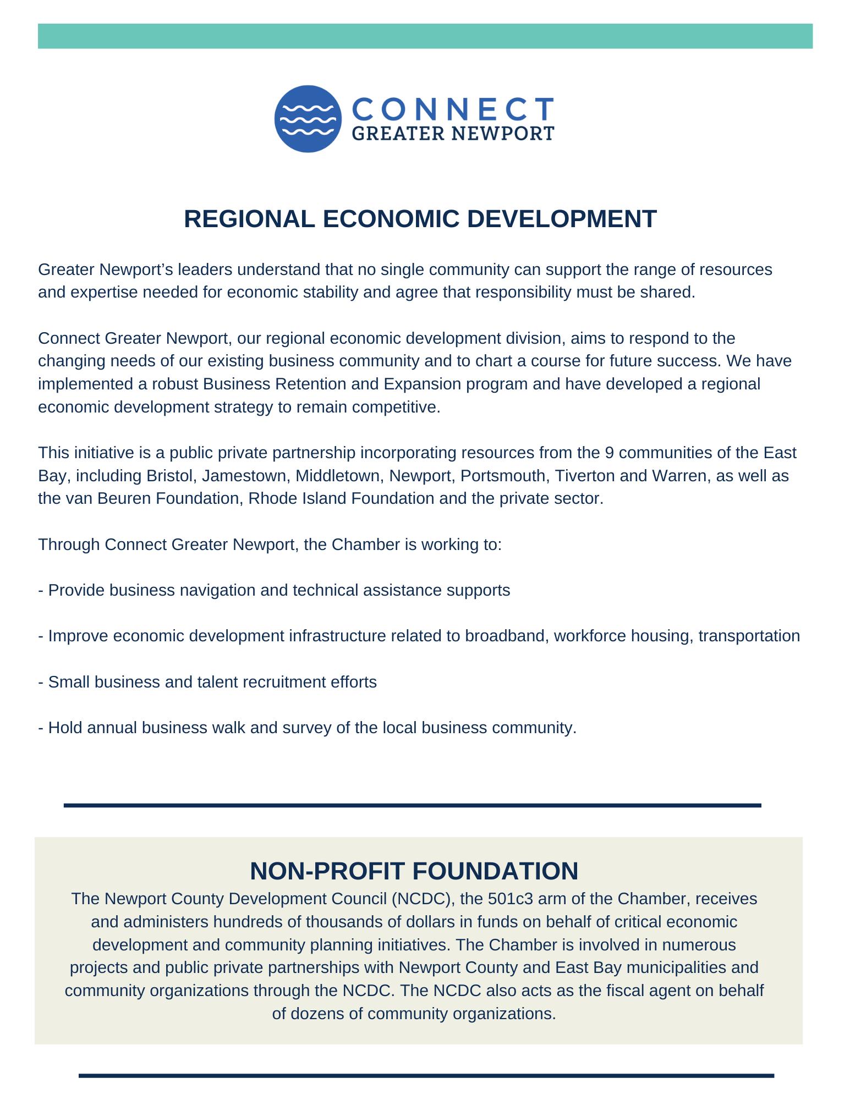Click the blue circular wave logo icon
click(x=308, y=119)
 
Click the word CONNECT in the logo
click(x=452, y=109)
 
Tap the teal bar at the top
click(x=425, y=36)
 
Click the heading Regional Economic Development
click(x=420, y=219)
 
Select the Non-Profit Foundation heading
click(x=414, y=871)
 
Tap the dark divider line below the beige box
click(x=426, y=1075)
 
